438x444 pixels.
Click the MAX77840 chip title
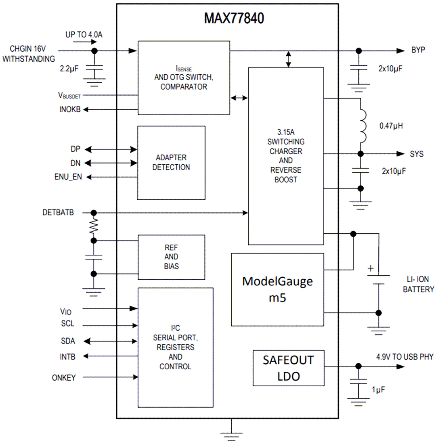(234, 19)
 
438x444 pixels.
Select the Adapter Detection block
(171, 163)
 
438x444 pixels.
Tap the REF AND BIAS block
(171, 257)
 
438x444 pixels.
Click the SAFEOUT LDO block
(289, 368)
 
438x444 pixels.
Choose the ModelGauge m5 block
(277, 290)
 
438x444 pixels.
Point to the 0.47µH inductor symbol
(363, 126)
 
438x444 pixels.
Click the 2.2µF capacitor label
(69, 69)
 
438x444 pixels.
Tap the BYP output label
(418, 50)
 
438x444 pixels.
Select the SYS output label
(417, 154)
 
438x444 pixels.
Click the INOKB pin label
(70, 109)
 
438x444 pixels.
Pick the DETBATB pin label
(58, 212)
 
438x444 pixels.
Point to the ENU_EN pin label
(68, 177)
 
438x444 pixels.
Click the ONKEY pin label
(64, 378)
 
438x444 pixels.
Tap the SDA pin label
(68, 341)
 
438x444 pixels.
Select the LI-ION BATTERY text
(419, 284)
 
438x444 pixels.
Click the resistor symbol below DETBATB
(94, 226)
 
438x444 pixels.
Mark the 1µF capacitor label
(378, 390)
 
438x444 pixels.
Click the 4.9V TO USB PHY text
(405, 357)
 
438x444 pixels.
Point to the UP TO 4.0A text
(84, 35)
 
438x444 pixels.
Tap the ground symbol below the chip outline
(231, 436)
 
